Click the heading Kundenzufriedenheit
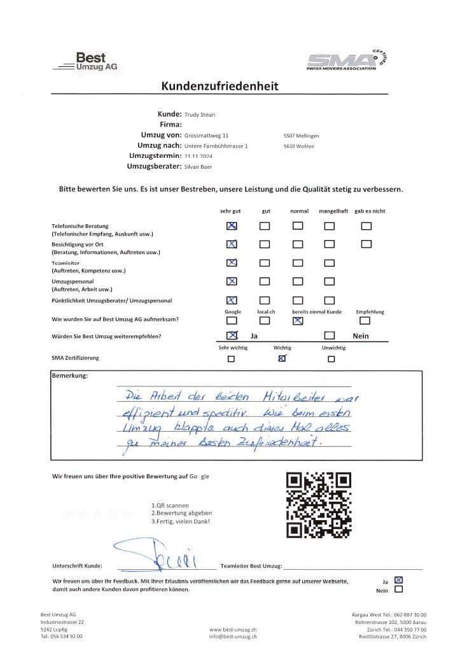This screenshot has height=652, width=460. pyautogui.click(x=220, y=86)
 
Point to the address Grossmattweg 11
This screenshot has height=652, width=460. pyautogui.click(x=206, y=136)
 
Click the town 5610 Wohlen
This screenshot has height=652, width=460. pyautogui.click(x=301, y=146)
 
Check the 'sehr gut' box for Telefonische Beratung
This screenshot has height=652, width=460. pyautogui.click(x=232, y=225)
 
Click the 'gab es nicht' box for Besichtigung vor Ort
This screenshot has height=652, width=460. pyautogui.click(x=365, y=243)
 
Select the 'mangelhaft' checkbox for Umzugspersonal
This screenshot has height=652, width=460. pyautogui.click(x=329, y=281)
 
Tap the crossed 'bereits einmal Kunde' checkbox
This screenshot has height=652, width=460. pyautogui.click(x=298, y=321)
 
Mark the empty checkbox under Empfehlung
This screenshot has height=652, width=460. pyautogui.click(x=365, y=321)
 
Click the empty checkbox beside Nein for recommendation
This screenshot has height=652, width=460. pyautogui.click(x=329, y=336)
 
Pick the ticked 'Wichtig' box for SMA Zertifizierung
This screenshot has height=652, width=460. pyautogui.click(x=282, y=358)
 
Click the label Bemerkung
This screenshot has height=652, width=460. pyautogui.click(x=69, y=376)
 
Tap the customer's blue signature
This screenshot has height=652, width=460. pyautogui.click(x=162, y=553)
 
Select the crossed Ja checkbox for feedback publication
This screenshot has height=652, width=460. pyautogui.click(x=399, y=580)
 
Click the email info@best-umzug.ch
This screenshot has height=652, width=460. pyautogui.click(x=233, y=636)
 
